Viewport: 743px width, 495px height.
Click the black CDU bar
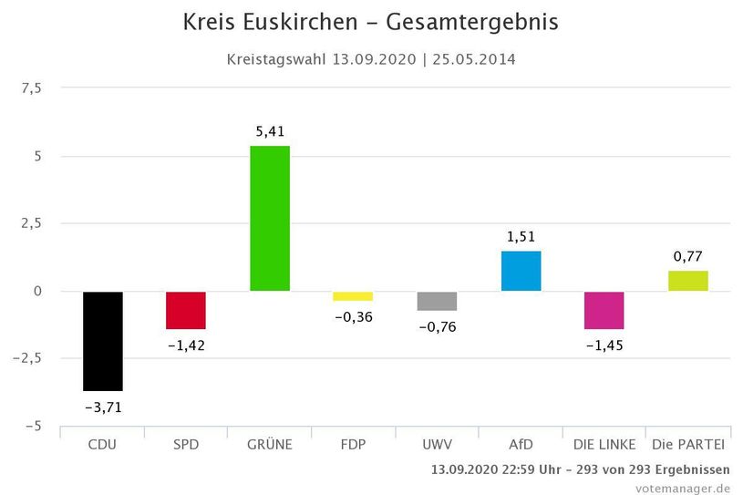coord(102,341)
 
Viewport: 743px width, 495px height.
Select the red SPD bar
coord(186,310)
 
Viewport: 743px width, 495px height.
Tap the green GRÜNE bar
coord(270,219)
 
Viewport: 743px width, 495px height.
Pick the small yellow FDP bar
coord(353,296)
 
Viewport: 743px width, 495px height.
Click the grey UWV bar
coord(437,302)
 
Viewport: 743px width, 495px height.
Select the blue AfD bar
coord(521,271)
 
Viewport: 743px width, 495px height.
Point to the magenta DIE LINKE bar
coord(604,310)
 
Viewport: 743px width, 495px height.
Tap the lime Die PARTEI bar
coord(687,281)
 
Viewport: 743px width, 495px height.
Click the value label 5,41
coord(270,131)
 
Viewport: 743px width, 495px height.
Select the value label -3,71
coord(102,407)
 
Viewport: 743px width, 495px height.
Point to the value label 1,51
coord(521,237)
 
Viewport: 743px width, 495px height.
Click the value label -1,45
coord(604,345)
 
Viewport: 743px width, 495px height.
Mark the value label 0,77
coord(687,256)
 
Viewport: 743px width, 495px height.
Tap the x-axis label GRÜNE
coord(270,445)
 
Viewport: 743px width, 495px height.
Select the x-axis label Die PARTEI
coord(687,445)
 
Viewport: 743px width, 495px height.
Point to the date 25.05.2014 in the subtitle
coord(474,60)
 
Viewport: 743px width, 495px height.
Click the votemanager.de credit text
coord(683,488)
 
